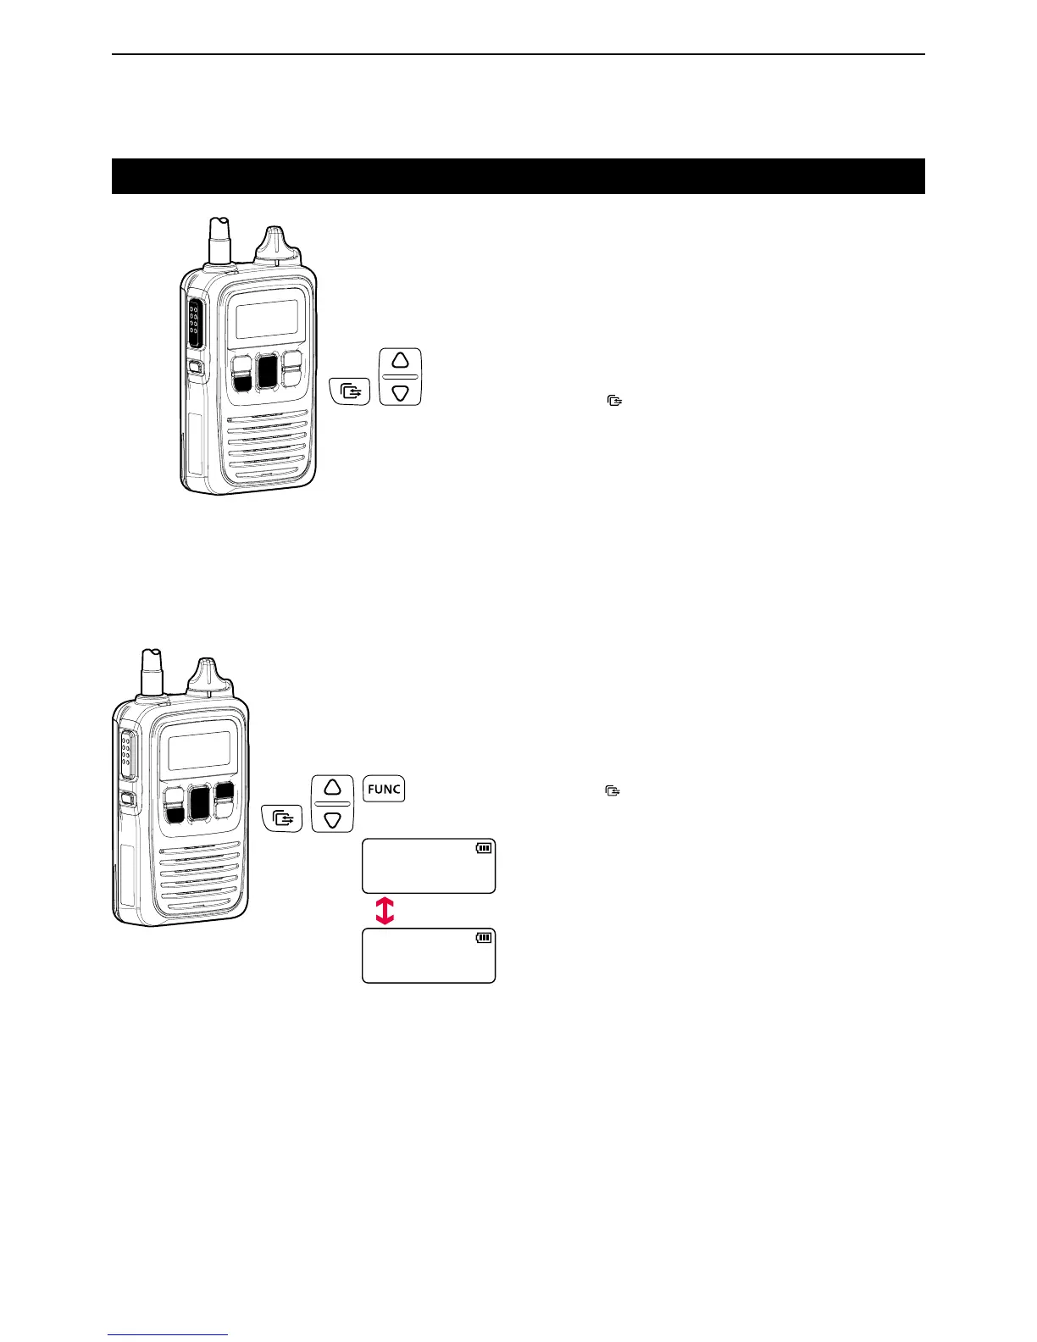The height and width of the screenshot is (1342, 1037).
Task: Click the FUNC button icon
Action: (x=384, y=789)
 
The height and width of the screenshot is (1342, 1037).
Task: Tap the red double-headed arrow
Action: (x=385, y=911)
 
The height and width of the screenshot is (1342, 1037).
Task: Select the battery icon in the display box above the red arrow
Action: (x=484, y=847)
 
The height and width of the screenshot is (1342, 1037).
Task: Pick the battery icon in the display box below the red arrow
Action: (x=484, y=937)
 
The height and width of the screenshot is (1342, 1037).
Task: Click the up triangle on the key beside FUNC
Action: (x=332, y=785)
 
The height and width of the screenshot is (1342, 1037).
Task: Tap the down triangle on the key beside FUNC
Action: (x=332, y=818)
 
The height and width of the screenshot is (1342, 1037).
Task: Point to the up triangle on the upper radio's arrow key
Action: (x=401, y=359)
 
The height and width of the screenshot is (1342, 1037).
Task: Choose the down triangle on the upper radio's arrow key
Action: (x=401, y=392)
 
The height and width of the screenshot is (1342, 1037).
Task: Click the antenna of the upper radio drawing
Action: (x=220, y=241)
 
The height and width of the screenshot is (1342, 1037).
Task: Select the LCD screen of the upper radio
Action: (x=266, y=319)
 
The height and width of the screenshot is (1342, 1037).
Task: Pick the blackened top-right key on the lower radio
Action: (x=225, y=791)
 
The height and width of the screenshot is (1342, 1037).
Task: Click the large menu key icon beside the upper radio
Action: (x=350, y=392)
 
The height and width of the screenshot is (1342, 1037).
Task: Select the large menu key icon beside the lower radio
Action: (x=282, y=819)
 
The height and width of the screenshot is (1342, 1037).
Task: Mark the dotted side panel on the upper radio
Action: (x=194, y=323)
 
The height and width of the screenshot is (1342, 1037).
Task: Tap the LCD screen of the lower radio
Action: (x=198, y=751)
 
